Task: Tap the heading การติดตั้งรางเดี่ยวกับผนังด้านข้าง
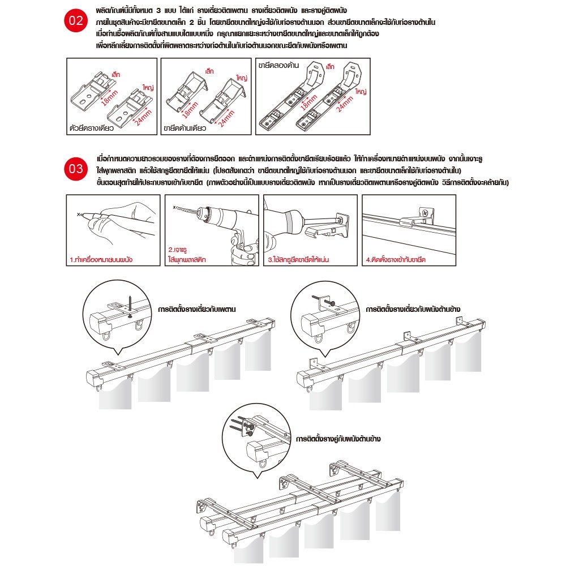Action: [413, 309]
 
